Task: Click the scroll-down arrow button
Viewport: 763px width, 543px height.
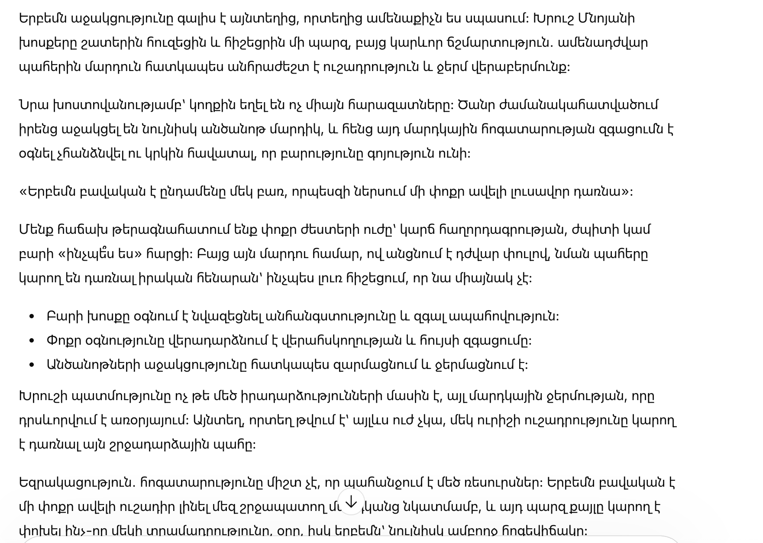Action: click(351, 502)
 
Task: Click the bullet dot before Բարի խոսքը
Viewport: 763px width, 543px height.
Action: click(31, 317)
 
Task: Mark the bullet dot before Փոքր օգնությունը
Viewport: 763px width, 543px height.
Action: click(31, 341)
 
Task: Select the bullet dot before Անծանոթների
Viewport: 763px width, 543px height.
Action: click(31, 365)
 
